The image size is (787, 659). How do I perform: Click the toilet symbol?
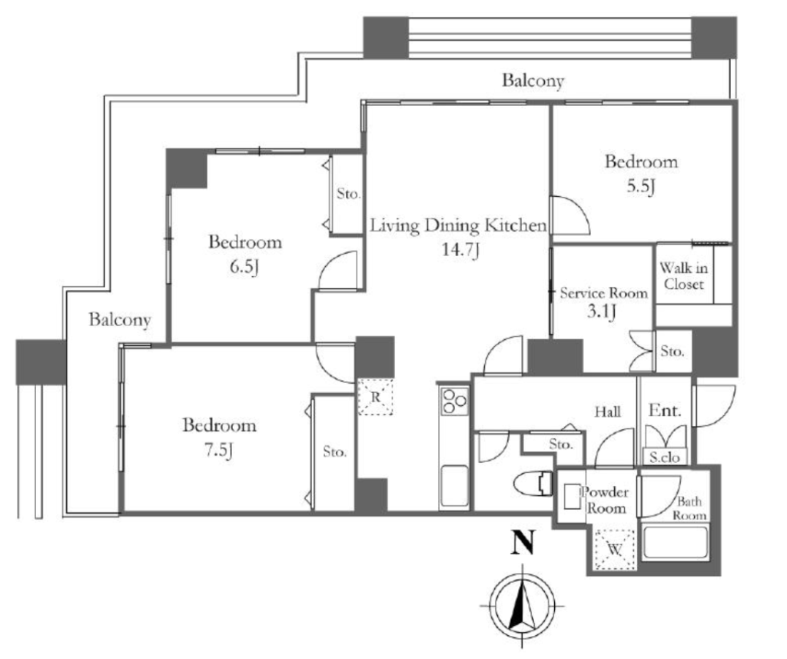click(x=533, y=483)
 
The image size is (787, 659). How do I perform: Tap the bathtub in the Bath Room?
click(x=676, y=542)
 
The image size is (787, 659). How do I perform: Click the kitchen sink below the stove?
click(x=454, y=486)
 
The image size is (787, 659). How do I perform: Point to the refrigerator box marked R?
click(x=375, y=397)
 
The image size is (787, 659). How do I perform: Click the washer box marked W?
click(x=615, y=550)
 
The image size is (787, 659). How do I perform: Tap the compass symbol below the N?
click(x=523, y=607)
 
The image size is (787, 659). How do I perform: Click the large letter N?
click(x=523, y=542)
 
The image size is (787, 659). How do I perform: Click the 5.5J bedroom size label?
click(x=640, y=186)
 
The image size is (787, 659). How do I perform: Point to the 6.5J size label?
click(x=244, y=267)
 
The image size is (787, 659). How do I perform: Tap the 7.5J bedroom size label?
click(x=219, y=450)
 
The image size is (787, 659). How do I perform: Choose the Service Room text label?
click(x=604, y=293)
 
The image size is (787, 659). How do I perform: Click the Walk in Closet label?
click(x=683, y=276)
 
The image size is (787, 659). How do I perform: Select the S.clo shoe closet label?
click(x=665, y=457)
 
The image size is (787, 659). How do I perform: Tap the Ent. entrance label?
click(x=665, y=411)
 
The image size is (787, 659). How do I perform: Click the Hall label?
click(x=608, y=412)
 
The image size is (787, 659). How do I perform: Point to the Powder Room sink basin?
click(x=571, y=496)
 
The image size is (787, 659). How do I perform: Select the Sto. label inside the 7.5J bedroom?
click(x=334, y=451)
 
